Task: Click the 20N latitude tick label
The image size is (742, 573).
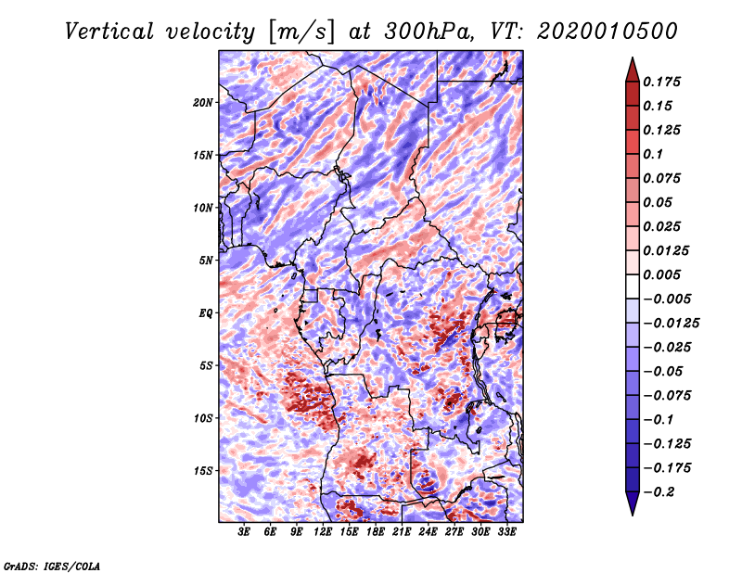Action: pyautogui.click(x=203, y=102)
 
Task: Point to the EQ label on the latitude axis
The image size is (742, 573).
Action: pyautogui.click(x=205, y=313)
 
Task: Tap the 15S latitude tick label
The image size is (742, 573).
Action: pyautogui.click(x=203, y=471)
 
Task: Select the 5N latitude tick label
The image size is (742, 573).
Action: pyautogui.click(x=206, y=261)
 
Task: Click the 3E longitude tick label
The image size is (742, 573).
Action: pyautogui.click(x=244, y=532)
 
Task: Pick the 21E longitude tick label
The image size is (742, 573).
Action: pyautogui.click(x=402, y=532)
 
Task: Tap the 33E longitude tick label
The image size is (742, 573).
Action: pyautogui.click(x=507, y=532)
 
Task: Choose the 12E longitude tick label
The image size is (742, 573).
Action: pyautogui.click(x=323, y=532)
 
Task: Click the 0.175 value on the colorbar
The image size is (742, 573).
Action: pyautogui.click(x=663, y=82)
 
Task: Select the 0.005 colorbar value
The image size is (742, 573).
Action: pyautogui.click(x=663, y=274)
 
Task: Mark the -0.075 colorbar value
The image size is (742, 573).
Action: pyautogui.click(x=669, y=395)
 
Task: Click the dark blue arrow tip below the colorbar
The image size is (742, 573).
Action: pyautogui.click(x=632, y=508)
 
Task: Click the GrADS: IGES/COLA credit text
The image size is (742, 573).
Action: pyautogui.click(x=51, y=564)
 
